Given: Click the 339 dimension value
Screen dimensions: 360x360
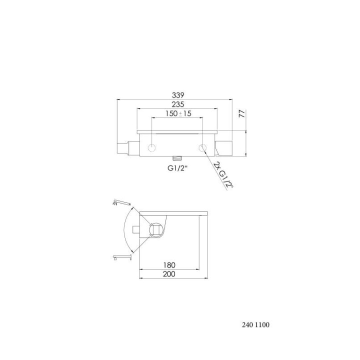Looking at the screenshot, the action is click(178, 95).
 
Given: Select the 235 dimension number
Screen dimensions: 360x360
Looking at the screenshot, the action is click(178, 104).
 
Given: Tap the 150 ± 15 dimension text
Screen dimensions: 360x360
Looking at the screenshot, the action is click(178, 113).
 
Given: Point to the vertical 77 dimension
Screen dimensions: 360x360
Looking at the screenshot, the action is click(242, 114).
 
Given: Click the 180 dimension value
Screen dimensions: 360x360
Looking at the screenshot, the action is click(169, 265).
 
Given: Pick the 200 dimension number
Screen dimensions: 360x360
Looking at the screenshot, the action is click(169, 274).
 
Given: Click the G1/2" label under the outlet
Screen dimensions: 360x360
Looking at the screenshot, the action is click(177, 168).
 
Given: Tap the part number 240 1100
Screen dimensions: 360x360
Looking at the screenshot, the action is click(255, 324).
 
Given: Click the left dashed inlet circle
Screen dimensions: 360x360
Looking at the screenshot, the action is click(152, 148).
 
